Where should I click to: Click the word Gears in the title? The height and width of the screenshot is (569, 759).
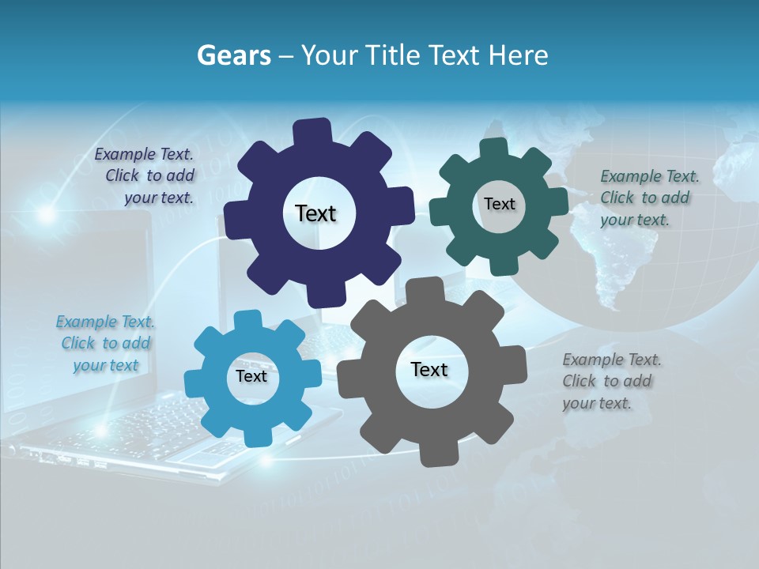click(233, 55)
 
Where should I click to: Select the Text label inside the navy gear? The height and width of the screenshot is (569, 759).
click(315, 213)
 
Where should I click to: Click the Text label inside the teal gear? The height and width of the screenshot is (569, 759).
click(499, 204)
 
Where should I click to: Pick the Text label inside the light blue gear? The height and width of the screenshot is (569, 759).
click(251, 376)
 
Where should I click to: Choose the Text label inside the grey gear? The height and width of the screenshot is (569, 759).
click(429, 369)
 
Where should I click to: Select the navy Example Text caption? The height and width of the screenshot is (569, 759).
click(144, 176)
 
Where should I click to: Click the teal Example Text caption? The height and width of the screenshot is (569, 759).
click(649, 198)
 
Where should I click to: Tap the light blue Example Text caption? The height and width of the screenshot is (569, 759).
click(105, 343)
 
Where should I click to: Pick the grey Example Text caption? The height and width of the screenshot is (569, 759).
click(611, 381)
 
